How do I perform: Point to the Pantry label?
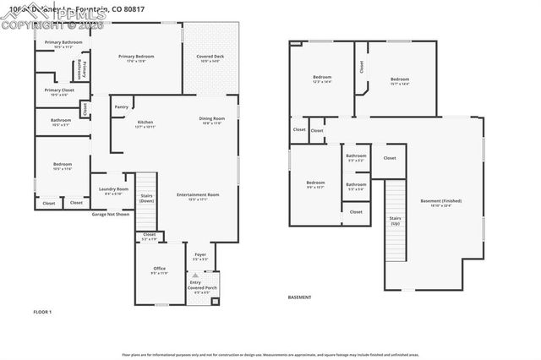point(122,106)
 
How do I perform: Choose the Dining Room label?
point(211,119)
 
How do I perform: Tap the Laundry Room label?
point(112,190)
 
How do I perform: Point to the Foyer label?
point(200,254)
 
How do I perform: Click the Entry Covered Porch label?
point(203,286)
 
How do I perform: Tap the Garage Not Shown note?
point(111,214)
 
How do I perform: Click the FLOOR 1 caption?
point(42,313)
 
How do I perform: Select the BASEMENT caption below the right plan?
point(300,297)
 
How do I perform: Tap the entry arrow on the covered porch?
point(195,275)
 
